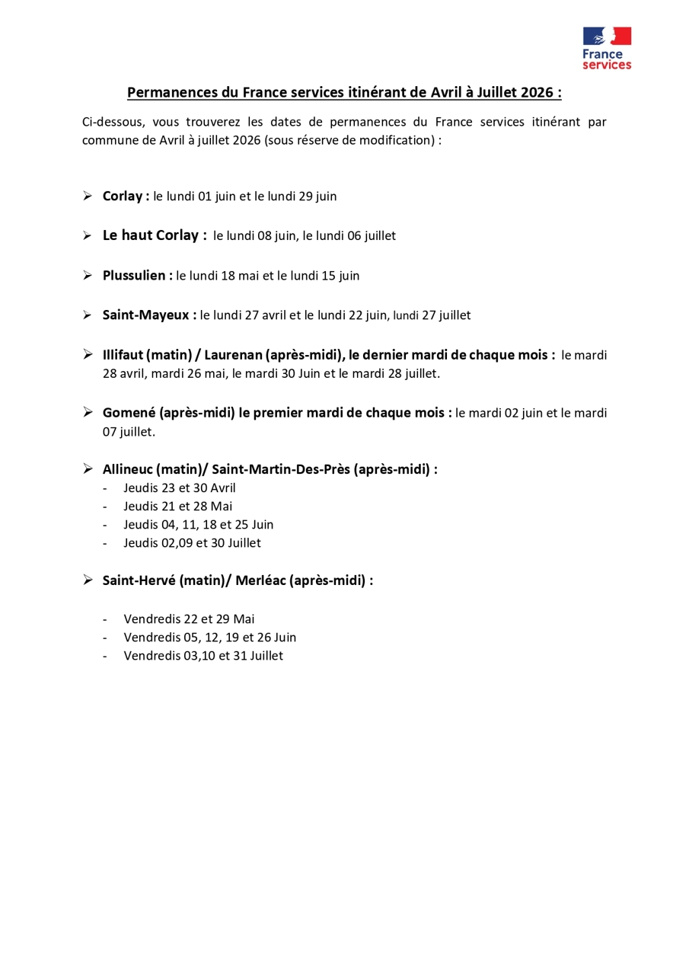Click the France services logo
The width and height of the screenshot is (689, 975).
(x=607, y=48)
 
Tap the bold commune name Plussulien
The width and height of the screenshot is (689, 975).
(x=135, y=276)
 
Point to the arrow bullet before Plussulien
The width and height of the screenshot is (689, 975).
(x=88, y=276)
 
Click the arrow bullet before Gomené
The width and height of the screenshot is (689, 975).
(x=88, y=413)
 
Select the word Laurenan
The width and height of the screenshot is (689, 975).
(x=233, y=355)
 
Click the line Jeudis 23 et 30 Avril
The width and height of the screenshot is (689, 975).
(x=180, y=488)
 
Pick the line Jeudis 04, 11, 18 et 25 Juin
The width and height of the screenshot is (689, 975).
(x=198, y=525)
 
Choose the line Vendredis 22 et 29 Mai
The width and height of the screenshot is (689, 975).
(x=189, y=619)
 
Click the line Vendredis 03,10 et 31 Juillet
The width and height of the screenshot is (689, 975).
(x=203, y=656)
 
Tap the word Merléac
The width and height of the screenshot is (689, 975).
(x=261, y=580)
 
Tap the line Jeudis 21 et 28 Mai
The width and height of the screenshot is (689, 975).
(x=178, y=507)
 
